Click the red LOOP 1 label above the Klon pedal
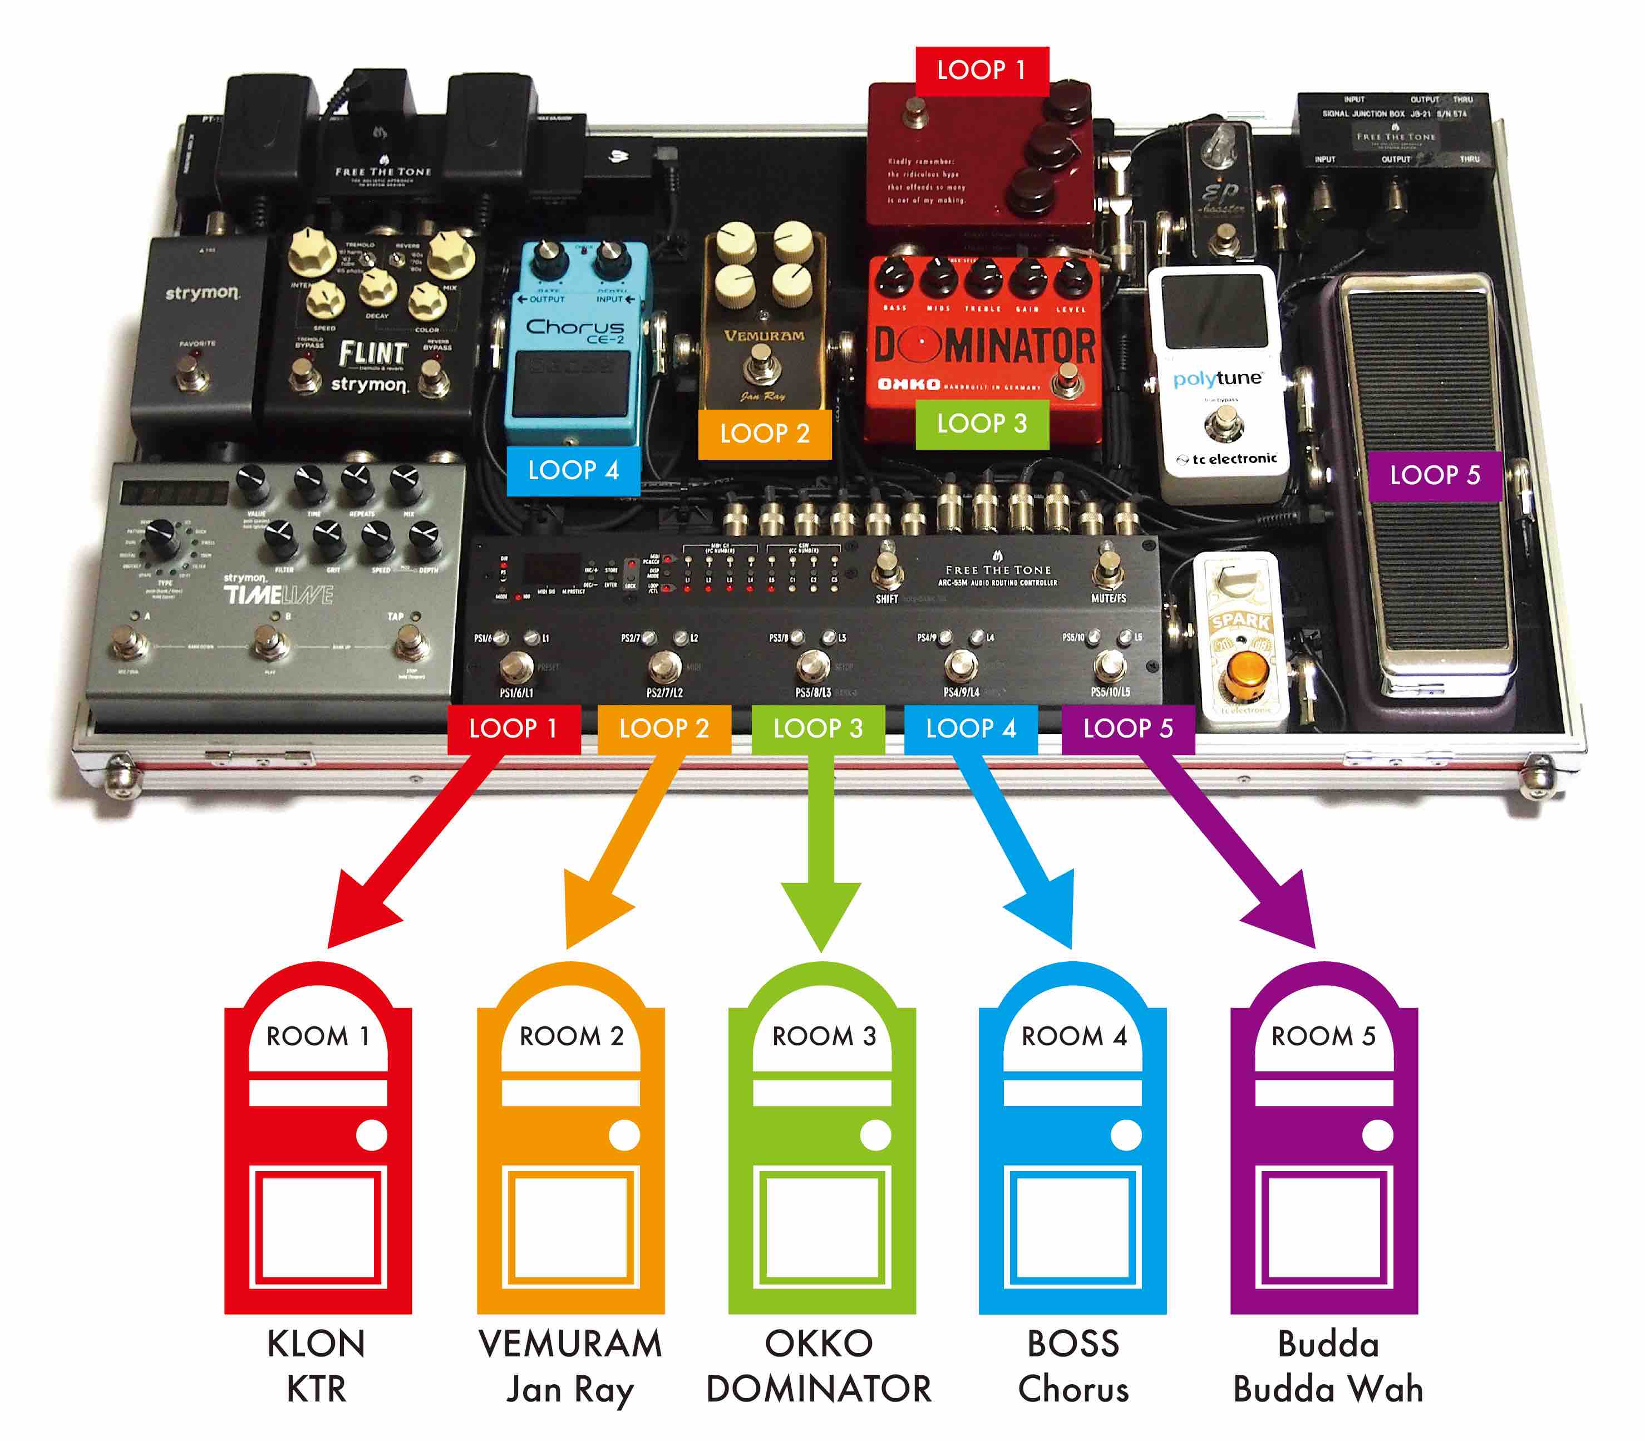pos(982,71)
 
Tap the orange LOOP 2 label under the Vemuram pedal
pos(764,434)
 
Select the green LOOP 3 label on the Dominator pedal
pos(982,424)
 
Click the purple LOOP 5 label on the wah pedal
pos(1434,475)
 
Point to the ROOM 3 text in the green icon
pos(823,1036)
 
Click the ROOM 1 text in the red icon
pos(318,1036)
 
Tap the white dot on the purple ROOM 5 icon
pos(1377,1135)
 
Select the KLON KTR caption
pos(317,1366)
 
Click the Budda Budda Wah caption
pos(1327,1367)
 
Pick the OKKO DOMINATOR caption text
pos(819,1366)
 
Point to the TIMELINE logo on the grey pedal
pos(277,595)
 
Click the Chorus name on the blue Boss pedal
pos(575,328)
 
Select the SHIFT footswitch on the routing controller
pos(887,569)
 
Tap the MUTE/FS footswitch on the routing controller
pos(1109,570)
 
